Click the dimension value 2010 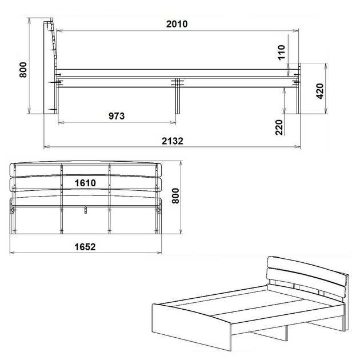point(177,24)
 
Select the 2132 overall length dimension point(173,141)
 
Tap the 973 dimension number point(117,116)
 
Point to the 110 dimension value point(281,53)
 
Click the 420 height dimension point(320,91)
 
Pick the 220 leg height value point(279,127)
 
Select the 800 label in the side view point(23,70)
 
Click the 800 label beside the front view point(175,196)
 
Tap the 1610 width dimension point(85,183)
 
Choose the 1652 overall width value point(85,247)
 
